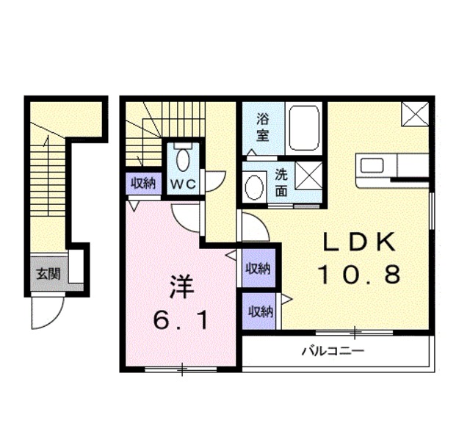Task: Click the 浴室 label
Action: pyautogui.click(x=262, y=126)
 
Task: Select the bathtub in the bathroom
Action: pyautogui.click(x=303, y=129)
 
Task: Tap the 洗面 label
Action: pyautogui.click(x=281, y=183)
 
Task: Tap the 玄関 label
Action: pyautogui.click(x=48, y=275)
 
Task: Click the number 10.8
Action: pyautogui.click(x=359, y=275)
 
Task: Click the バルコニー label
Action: pyautogui.click(x=333, y=352)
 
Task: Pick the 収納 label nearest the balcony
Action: pyautogui.click(x=259, y=311)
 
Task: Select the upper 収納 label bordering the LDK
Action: pyautogui.click(x=258, y=269)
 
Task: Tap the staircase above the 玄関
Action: pyautogui.click(x=48, y=184)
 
